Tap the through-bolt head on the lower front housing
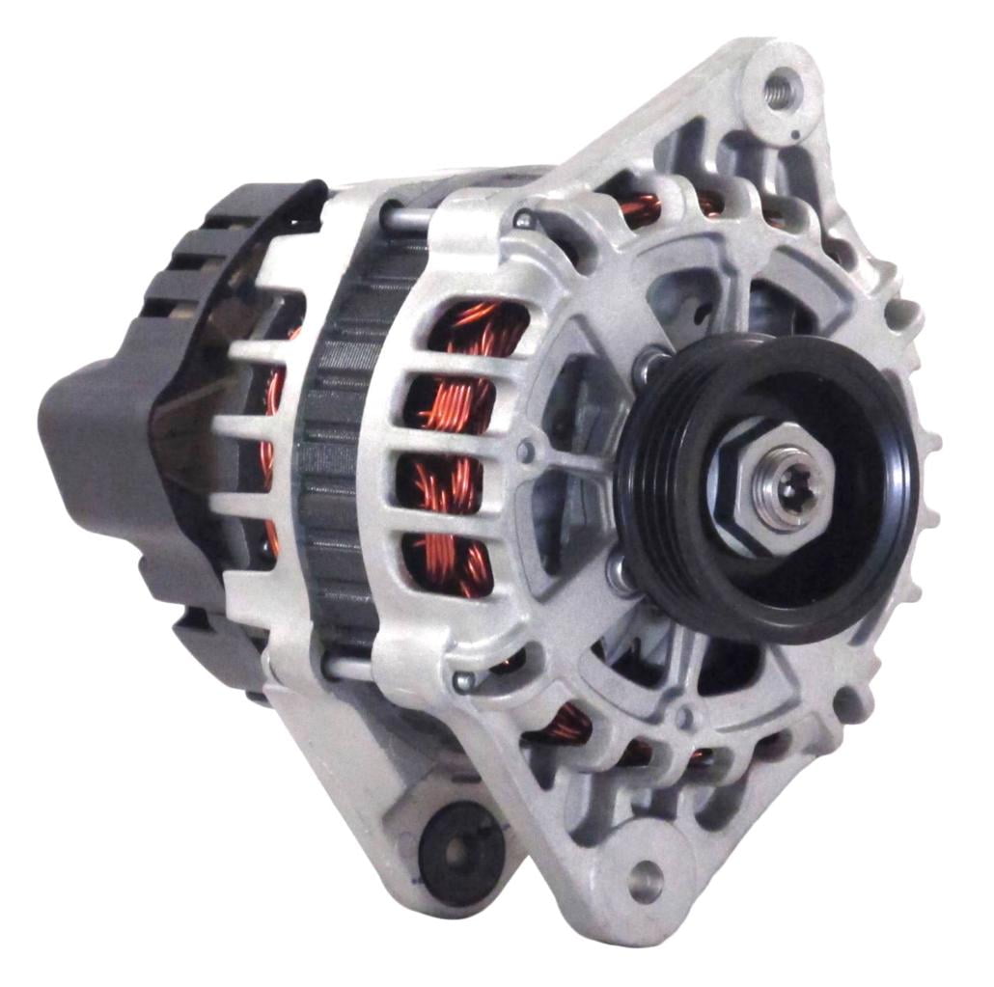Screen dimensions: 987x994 click(464, 681)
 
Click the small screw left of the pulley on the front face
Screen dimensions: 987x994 click(526, 451)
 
